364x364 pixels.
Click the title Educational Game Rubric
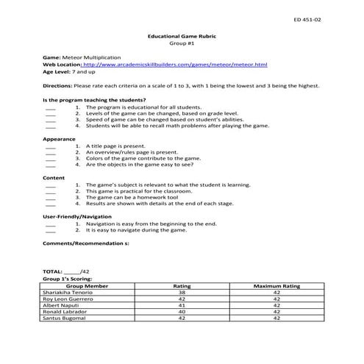[x=182, y=36]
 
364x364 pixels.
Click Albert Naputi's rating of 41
[x=182, y=305]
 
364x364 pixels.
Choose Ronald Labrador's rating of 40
[x=182, y=312]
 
